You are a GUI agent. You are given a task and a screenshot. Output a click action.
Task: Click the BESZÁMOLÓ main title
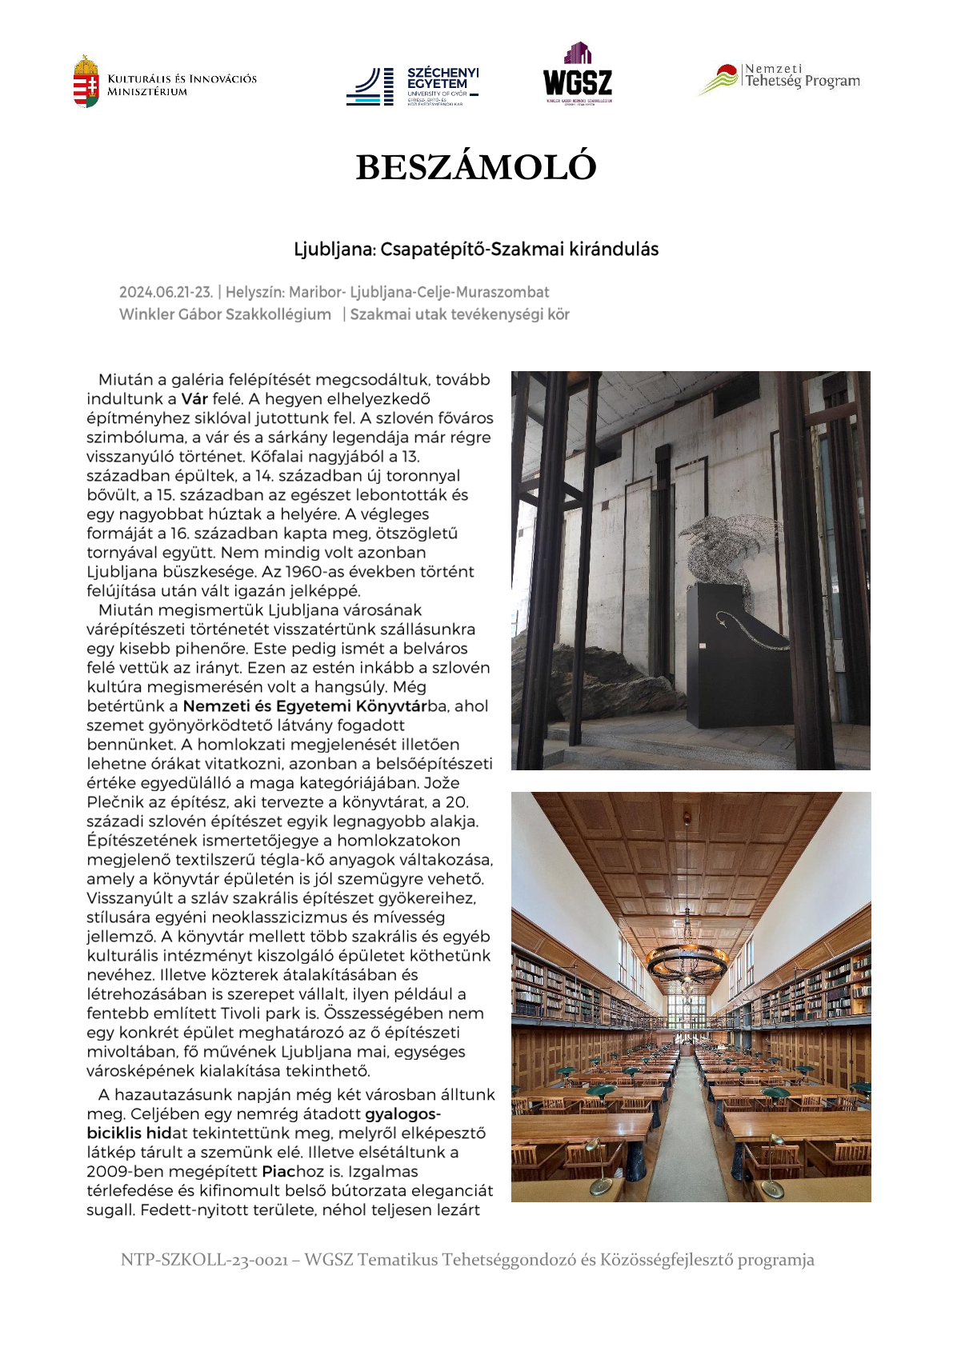(x=476, y=167)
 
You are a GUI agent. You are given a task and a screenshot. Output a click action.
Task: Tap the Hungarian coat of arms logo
(x=86, y=81)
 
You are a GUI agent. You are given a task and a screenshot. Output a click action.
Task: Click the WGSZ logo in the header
(x=578, y=74)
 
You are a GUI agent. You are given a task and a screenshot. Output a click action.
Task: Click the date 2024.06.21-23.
(x=166, y=292)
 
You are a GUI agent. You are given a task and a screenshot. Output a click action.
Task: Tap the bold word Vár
(x=194, y=399)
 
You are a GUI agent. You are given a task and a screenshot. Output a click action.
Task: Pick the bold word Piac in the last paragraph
(x=278, y=1172)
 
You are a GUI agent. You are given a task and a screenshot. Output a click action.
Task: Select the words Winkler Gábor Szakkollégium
(x=225, y=314)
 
